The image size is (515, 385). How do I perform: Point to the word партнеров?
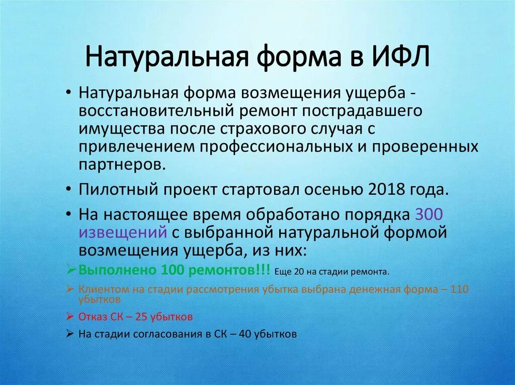pyautogui.click(x=120, y=164)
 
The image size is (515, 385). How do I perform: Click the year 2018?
pyautogui.click(x=386, y=190)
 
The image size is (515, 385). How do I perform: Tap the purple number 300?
pyautogui.click(x=428, y=215)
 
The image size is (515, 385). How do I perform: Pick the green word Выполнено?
pyautogui.click(x=118, y=271)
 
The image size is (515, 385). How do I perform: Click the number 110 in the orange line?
pyautogui.click(x=459, y=290)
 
